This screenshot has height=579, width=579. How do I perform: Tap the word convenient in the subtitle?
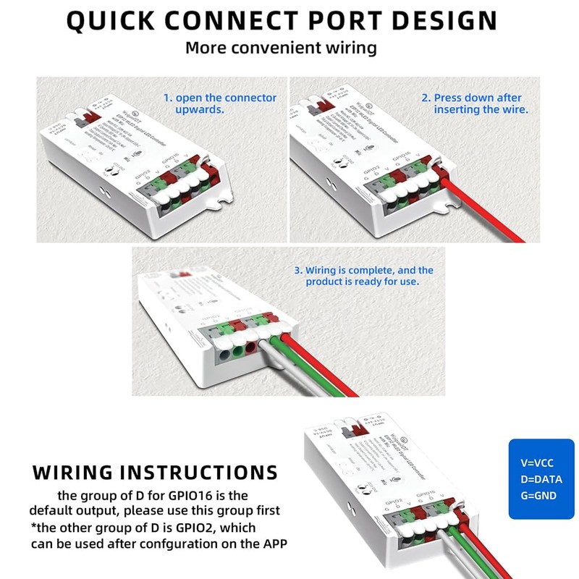pyautogui.click(x=288, y=48)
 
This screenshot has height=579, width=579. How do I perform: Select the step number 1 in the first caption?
pyautogui.click(x=166, y=98)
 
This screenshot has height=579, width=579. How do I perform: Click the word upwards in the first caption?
pyautogui.click(x=199, y=109)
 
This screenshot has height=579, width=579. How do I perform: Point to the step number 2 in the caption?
pyautogui.click(x=426, y=98)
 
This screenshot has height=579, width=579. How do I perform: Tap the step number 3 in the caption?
pyautogui.click(x=297, y=270)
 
